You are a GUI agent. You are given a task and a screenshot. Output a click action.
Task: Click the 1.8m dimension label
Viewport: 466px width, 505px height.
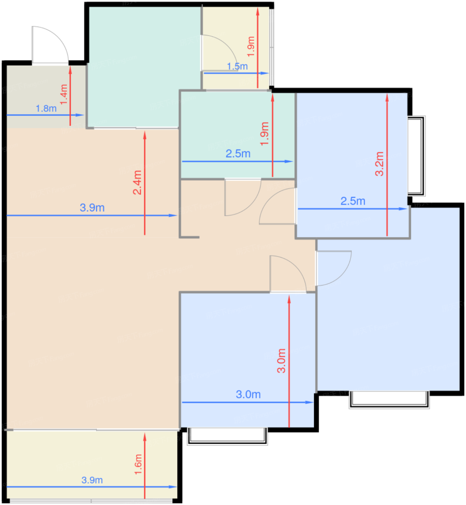[x=46, y=108]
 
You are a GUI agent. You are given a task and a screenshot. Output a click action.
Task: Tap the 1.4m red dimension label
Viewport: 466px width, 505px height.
[x=64, y=95]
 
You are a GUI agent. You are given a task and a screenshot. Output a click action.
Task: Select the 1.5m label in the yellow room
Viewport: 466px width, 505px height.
[x=237, y=66]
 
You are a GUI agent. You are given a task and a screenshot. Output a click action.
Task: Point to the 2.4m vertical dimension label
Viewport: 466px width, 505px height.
[x=137, y=182]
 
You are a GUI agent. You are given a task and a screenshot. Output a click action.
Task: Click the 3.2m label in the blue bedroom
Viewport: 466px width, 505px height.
[x=379, y=164]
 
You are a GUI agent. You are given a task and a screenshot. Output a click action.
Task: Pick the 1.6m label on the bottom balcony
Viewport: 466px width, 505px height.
[x=138, y=464]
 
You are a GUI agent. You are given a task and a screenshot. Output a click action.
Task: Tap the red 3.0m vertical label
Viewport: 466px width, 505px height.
[x=281, y=360]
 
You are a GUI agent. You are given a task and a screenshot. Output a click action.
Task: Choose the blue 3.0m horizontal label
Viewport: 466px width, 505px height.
[x=248, y=394]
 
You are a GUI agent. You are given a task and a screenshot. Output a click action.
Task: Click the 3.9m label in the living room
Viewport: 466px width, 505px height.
[x=92, y=208]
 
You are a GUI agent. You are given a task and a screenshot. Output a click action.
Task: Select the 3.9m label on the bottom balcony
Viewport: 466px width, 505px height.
[x=92, y=480]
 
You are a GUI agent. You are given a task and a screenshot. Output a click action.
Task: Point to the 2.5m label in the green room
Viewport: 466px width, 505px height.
[x=238, y=154]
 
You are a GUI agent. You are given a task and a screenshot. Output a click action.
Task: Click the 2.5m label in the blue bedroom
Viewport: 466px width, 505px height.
[x=353, y=201]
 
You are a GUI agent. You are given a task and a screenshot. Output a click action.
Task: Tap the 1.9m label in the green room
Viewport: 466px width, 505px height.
[x=265, y=133]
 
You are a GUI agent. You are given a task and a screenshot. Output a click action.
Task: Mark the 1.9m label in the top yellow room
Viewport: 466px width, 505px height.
[x=251, y=46]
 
